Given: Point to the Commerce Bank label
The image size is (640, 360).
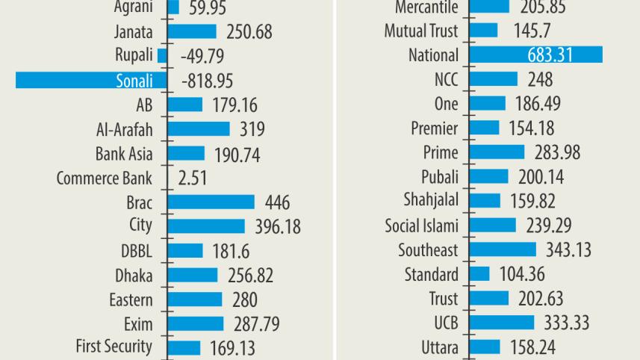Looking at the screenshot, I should pos(104,178).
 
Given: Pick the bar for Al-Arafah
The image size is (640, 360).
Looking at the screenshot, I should pos(199,129).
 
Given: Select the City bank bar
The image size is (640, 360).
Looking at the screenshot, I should pos(206,226).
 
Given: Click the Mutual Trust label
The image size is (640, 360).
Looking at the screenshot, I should pos(421,31).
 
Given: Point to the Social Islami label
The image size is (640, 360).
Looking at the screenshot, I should pos(421,226).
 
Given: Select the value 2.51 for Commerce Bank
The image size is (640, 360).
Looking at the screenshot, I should pos(193,179).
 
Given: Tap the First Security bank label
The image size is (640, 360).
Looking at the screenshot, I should pos(114,346).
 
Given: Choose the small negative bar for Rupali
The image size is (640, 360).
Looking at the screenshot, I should pos(162,56).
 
